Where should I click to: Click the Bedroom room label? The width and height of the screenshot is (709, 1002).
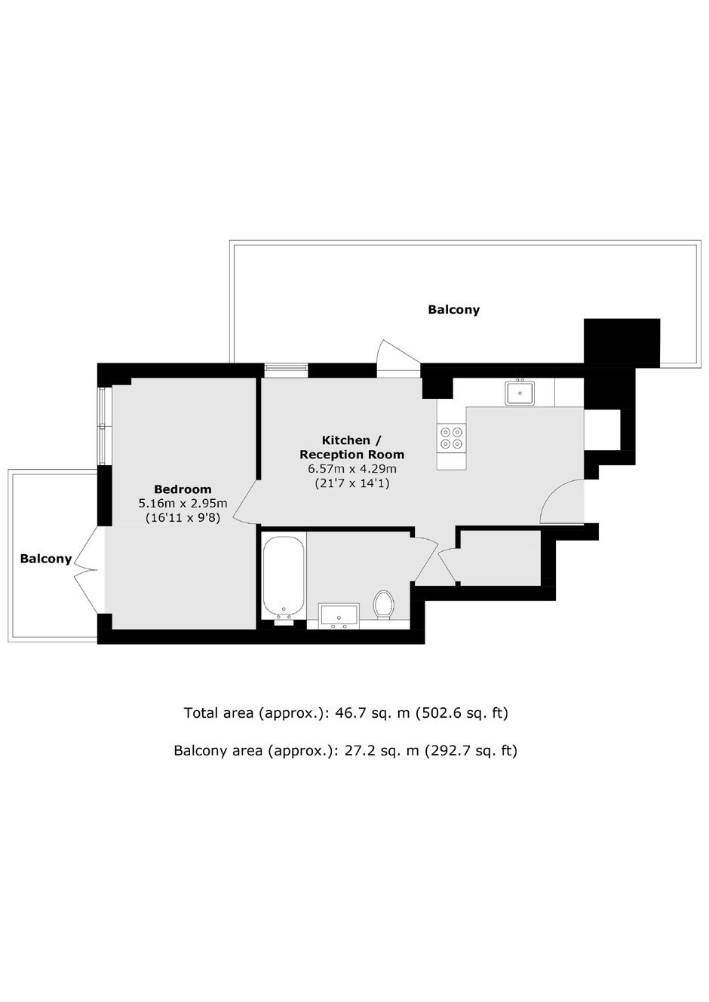coord(183,489)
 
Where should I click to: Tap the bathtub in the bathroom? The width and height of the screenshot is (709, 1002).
coord(284,577)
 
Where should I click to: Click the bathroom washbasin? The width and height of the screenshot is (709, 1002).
coord(339,616)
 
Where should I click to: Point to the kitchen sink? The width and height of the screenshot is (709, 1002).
coord(520,393)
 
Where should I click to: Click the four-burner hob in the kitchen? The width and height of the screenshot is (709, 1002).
coord(451,438)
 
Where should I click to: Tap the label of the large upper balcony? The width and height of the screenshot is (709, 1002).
coord(453,310)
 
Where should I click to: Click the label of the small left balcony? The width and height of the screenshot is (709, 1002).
coord(46,558)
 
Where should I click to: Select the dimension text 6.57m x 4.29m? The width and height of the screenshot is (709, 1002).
coord(351,469)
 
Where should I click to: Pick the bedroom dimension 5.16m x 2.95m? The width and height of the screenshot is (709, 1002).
coord(183,503)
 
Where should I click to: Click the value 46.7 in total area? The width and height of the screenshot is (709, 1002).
coord(349,712)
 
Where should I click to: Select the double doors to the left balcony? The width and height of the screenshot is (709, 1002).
coord(87,570)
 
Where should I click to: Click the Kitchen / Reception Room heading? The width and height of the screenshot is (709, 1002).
coord(351,447)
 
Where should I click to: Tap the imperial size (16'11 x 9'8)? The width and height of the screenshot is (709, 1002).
coord(183,518)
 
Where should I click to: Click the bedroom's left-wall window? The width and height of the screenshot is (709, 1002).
coord(104,426)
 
